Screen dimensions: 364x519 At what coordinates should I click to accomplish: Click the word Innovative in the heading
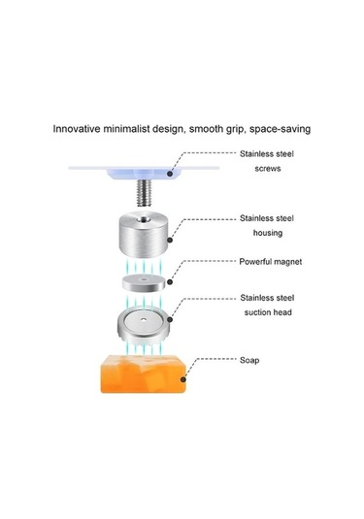tap(77, 128)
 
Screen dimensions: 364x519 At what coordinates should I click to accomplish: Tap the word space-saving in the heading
tap(280, 129)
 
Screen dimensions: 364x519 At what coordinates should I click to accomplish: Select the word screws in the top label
tap(268, 169)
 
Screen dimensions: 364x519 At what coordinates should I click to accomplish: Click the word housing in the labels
tap(268, 233)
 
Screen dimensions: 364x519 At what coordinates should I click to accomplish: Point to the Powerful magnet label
tap(271, 262)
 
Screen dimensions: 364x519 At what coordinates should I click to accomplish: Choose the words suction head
tap(268, 312)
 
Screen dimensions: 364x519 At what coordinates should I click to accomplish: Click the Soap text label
tap(249, 360)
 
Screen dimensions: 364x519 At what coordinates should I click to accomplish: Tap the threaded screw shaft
tap(144, 193)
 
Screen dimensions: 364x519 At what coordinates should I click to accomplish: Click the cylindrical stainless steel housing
tap(143, 234)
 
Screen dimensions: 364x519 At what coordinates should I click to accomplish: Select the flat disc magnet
tap(144, 283)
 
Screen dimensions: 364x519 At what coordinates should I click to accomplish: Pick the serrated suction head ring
tap(144, 325)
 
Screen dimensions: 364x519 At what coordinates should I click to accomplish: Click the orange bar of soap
tap(143, 374)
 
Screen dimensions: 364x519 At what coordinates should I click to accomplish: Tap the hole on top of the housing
tap(144, 219)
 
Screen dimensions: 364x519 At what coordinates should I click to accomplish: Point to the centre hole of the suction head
tap(143, 320)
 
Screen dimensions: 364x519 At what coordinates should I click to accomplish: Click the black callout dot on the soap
tap(183, 379)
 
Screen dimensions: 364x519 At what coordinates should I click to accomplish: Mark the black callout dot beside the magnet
tap(170, 282)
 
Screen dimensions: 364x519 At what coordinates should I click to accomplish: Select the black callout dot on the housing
tap(170, 240)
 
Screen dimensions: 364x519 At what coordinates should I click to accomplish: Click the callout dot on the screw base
tap(170, 174)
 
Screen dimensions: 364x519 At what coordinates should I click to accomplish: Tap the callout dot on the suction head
tap(170, 319)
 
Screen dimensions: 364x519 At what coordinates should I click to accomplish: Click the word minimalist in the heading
tap(126, 128)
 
